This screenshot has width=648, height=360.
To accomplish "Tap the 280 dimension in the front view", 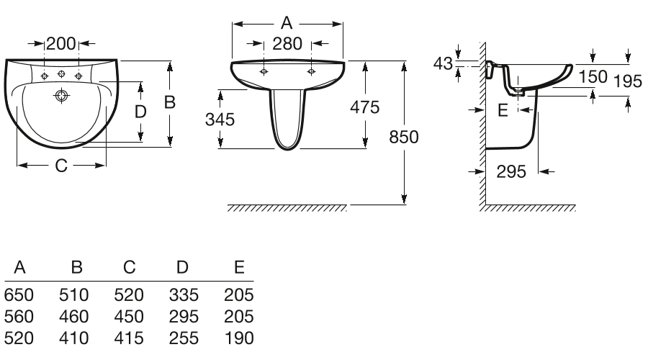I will point(288,44).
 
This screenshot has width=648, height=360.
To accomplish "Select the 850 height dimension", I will point(404,137).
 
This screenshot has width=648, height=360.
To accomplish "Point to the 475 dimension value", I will point(364,107).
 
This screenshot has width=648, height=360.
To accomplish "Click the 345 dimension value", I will point(220,120).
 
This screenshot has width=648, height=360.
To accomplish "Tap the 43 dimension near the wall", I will point(444,63).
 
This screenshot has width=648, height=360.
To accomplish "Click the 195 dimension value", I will point(628,81).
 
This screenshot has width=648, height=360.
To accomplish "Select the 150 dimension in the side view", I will point(593,77).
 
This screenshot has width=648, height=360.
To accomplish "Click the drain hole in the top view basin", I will point(61,94).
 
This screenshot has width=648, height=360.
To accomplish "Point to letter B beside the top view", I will point(170,102).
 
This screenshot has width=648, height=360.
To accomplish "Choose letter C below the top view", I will point(61,166).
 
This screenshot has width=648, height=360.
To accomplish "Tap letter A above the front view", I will point(287,22).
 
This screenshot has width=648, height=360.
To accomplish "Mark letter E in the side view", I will point(503,109).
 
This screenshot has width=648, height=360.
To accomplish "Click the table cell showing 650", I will point(17,295).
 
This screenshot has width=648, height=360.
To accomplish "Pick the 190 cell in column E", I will point(239,336).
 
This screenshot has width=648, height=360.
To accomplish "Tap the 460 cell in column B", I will point(74,315).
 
